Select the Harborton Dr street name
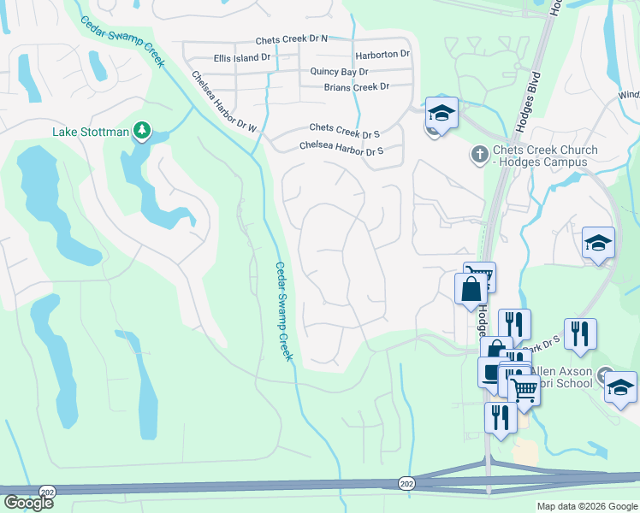tap(383, 54)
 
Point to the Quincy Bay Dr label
tap(340, 72)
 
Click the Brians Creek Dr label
tap(356, 87)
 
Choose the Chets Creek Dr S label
tap(344, 128)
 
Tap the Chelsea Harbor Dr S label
tap(341, 147)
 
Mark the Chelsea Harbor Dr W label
tap(223, 103)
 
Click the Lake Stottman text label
tap(90, 132)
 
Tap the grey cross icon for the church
tap(479, 155)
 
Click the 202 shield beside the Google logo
tap(47, 492)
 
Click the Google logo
tap(27, 502)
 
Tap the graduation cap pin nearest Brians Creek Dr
tap(441, 113)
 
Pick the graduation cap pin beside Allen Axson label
tap(620, 386)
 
